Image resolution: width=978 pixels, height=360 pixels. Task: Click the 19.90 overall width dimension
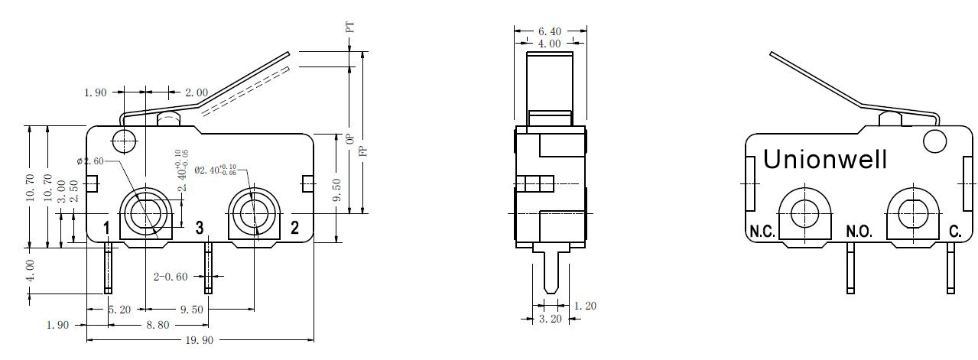tap(200, 340)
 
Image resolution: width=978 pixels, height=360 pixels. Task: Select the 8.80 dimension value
tap(158, 325)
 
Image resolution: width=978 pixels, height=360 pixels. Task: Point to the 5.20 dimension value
tap(119, 310)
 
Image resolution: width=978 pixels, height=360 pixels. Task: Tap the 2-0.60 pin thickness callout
tap(171, 277)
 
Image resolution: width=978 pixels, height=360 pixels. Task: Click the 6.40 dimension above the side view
tap(550, 31)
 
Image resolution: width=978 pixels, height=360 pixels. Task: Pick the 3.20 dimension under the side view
tap(550, 319)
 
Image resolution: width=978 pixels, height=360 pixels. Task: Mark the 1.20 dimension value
tap(585, 306)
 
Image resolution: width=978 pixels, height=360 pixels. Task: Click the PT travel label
tap(349, 28)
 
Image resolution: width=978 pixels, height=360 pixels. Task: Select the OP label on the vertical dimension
tap(350, 139)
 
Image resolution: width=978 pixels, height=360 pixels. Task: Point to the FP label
tap(362, 151)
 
